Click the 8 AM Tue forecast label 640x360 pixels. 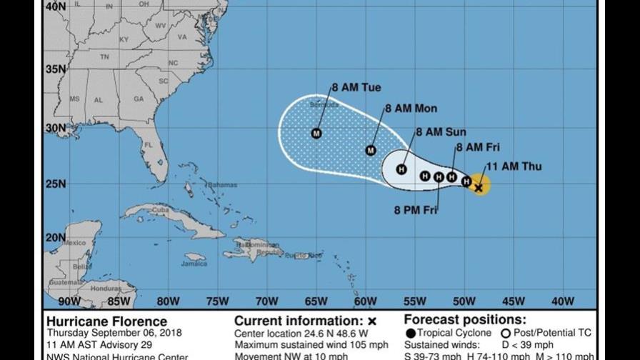(x=356, y=88)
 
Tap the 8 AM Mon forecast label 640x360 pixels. (x=411, y=109)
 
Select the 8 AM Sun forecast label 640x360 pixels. (x=441, y=131)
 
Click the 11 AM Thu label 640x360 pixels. (x=514, y=167)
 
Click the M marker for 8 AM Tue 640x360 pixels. (x=316, y=133)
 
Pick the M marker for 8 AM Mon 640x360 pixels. (x=371, y=150)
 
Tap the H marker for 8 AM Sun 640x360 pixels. (x=401, y=169)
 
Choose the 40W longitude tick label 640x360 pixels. (x=563, y=301)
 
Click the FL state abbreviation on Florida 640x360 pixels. (x=148, y=144)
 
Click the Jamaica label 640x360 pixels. (x=194, y=263)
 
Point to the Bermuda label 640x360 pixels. (x=321, y=105)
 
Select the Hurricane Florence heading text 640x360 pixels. (x=106, y=321)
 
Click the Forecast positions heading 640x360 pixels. (x=475, y=320)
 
